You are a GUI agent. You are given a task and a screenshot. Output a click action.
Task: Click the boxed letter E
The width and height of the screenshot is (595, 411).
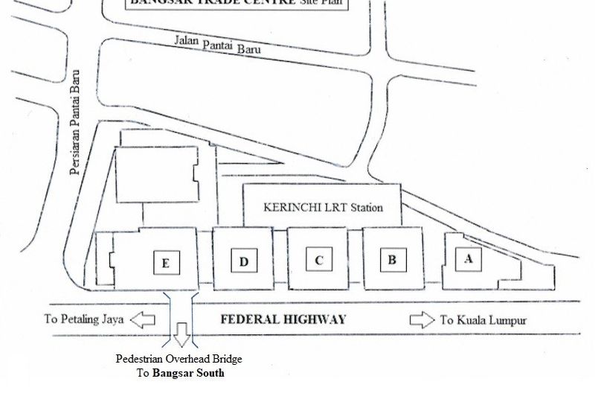coord(166,262)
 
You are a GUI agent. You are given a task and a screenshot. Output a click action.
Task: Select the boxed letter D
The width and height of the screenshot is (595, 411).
coord(243,261)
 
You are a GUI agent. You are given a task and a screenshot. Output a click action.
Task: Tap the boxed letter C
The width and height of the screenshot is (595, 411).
coord(318,260)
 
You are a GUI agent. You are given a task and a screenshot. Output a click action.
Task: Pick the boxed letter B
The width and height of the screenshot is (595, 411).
coord(392,260)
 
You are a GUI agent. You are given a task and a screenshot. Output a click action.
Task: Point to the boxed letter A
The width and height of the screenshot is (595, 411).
coord(468,259)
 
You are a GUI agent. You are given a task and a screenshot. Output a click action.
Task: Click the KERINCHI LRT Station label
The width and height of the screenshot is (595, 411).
coord(324,207)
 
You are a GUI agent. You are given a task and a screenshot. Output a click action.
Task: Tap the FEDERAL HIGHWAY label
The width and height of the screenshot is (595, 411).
coord(283,320)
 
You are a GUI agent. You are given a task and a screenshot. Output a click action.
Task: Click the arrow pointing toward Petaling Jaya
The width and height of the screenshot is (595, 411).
coord(142,320)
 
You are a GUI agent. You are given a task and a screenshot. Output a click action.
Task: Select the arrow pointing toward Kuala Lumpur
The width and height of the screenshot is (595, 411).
coord(422,320)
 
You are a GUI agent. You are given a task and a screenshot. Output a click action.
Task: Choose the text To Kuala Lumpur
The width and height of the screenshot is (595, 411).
coord(483,320)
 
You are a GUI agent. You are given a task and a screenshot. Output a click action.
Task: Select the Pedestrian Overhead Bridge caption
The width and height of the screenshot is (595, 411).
coord(179,359)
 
